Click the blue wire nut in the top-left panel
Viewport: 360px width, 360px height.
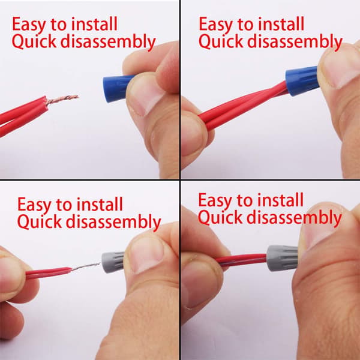coord(116,88)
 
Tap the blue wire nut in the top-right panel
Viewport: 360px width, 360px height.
coord(302,81)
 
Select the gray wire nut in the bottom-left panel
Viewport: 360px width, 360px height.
coord(113,262)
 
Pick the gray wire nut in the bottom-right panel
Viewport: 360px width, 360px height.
coord(282,258)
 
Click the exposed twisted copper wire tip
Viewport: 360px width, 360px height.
coord(62,99)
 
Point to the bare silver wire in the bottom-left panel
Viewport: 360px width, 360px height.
coord(86,266)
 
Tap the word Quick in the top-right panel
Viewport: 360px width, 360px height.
coord(220,41)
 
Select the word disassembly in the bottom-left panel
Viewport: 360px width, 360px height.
coord(113,222)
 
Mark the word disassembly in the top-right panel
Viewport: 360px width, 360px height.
coord(295,42)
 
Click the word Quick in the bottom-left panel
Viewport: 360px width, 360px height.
coord(40,221)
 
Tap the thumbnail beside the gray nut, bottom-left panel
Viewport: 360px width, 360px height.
coord(146,254)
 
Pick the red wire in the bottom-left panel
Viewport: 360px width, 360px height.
coord(49,272)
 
